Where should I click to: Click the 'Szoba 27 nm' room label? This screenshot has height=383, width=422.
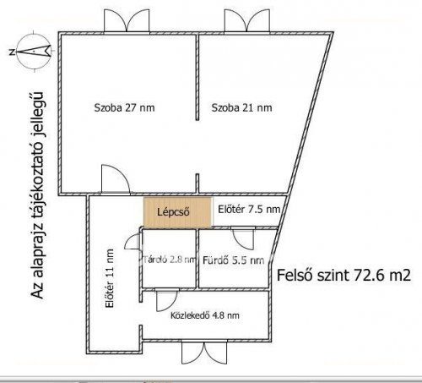point(124,107)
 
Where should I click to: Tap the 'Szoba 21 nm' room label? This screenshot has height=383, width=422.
point(241,107)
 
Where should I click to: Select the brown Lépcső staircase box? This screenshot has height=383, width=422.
point(177,212)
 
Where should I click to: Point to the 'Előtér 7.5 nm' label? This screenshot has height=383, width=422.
point(249,210)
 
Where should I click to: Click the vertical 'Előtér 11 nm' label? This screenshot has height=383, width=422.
point(109,278)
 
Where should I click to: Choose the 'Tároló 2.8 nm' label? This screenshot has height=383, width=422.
point(170,260)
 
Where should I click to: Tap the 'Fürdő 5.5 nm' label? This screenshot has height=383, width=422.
point(234,260)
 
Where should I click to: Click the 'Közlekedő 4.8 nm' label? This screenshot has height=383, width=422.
point(205,315)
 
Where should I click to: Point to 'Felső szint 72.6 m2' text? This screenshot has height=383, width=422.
point(344,275)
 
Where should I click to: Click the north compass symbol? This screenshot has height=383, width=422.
point(34,52)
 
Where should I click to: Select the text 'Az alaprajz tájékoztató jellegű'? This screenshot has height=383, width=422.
point(38,195)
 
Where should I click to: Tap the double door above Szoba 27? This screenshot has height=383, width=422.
point(127,21)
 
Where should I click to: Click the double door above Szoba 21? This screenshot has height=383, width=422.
point(246,21)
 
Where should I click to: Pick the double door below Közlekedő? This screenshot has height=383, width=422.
point(204,353)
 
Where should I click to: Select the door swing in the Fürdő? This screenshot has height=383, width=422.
point(242,238)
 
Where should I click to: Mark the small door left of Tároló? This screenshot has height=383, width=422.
point(133,242)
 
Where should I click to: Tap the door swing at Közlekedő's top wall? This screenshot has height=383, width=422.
point(167,300)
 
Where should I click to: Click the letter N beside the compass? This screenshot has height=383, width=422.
point(12,52)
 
